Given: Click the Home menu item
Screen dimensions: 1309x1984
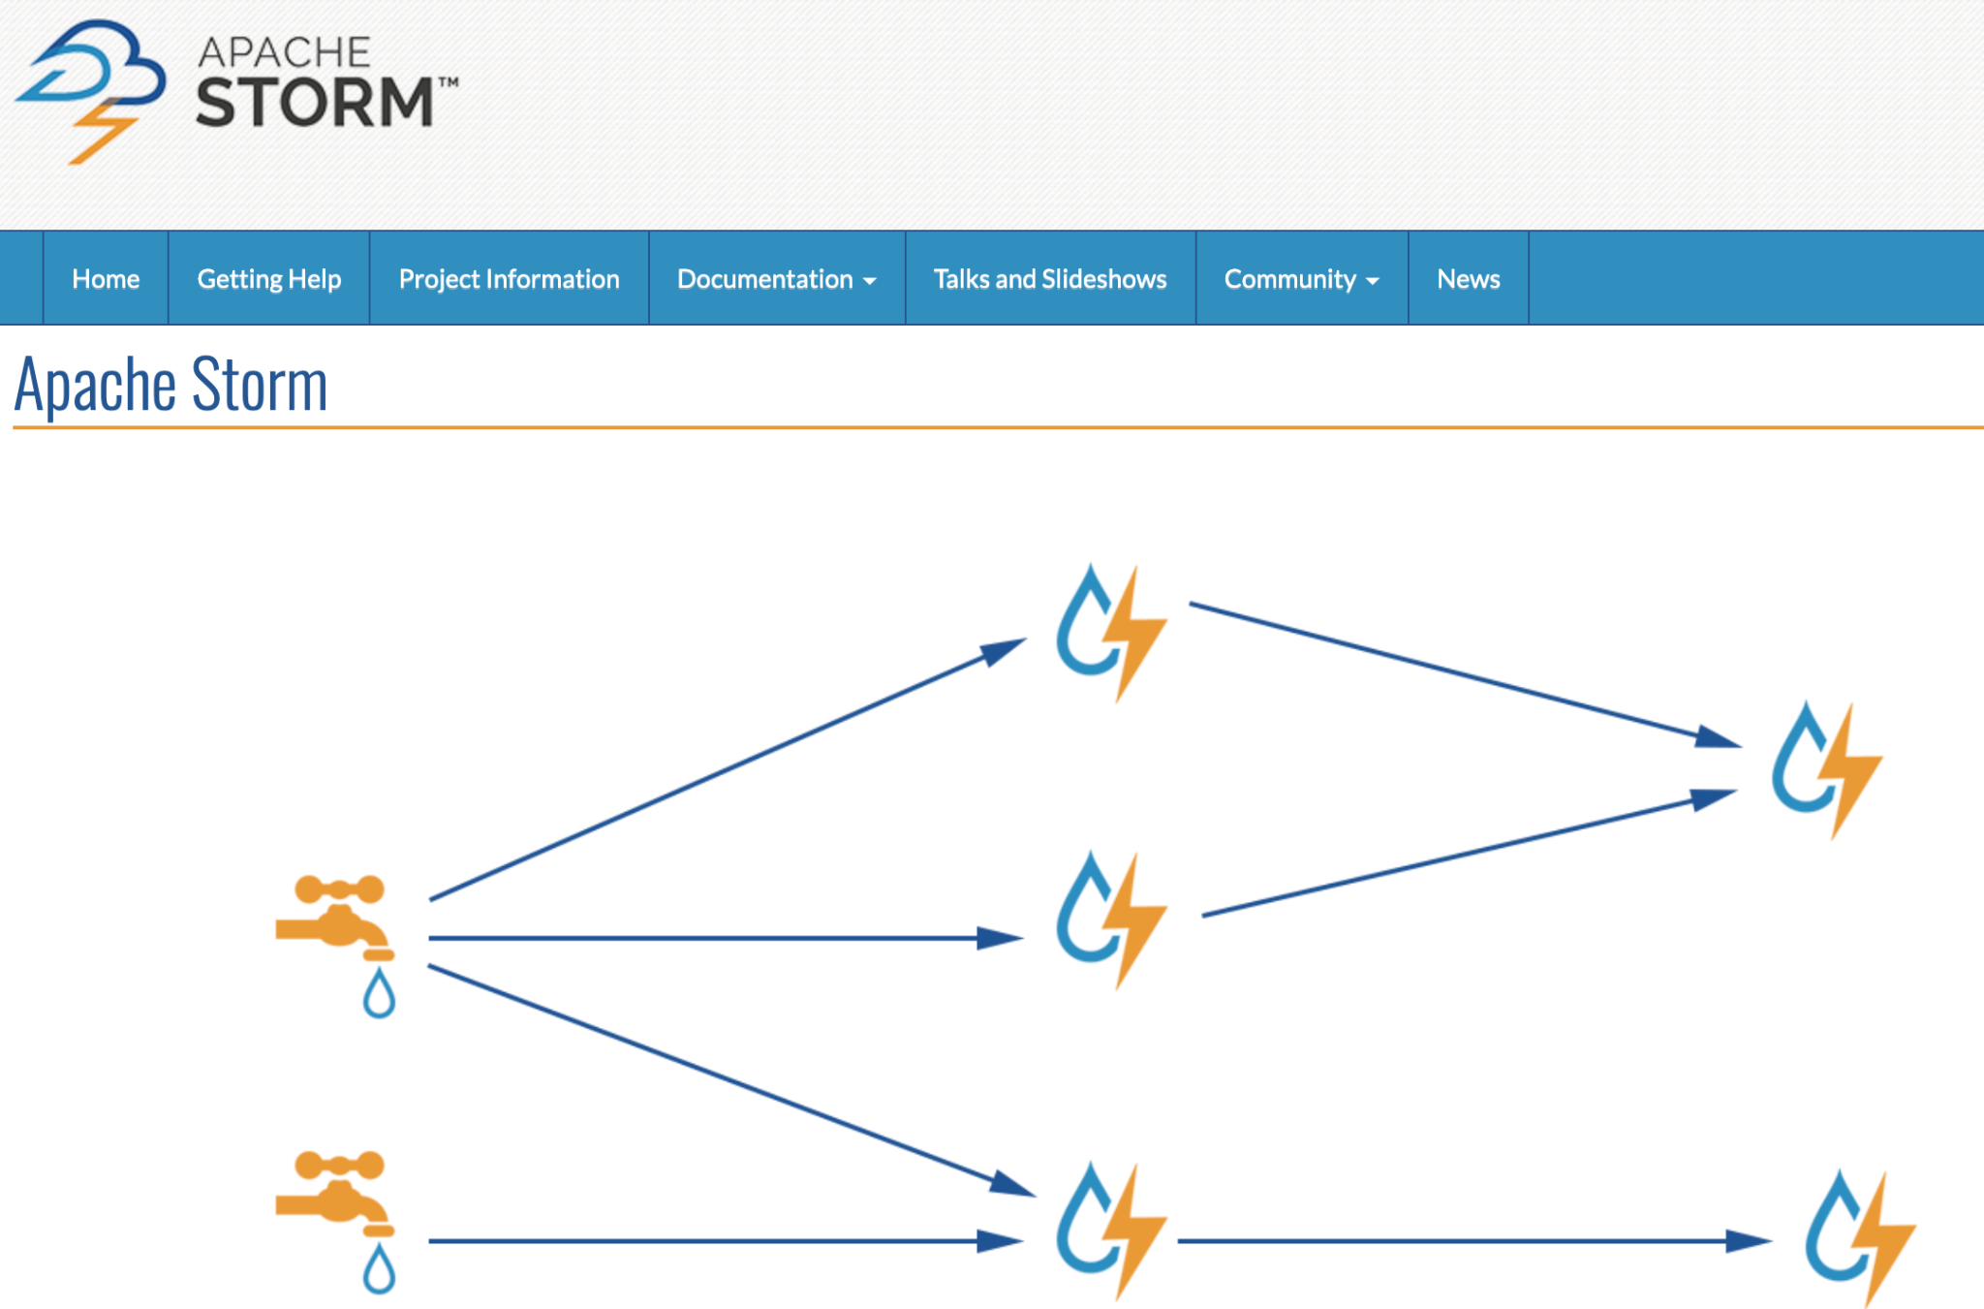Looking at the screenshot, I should [106, 279].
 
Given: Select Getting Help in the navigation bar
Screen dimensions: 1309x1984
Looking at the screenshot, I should [269, 279].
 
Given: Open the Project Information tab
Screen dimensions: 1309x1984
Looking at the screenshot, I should [509, 279].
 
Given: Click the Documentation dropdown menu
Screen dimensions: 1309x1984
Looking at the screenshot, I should [776, 279].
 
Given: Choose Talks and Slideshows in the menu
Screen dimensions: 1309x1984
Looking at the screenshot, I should [1050, 279].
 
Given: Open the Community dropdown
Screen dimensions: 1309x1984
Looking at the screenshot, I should [1301, 279].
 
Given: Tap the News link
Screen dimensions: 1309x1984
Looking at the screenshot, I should [1468, 279].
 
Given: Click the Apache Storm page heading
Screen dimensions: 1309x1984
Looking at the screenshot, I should [171, 385].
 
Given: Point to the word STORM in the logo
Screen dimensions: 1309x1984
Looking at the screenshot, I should [315, 103].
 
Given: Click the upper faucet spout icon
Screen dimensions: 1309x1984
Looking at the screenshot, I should [333, 915].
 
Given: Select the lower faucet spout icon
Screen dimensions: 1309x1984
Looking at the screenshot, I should [333, 1192].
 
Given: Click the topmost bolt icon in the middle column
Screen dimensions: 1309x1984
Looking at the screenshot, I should [1110, 632].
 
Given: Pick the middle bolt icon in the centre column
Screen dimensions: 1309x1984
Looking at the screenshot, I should [1110, 919].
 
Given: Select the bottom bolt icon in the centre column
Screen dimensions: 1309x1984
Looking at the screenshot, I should [1110, 1231].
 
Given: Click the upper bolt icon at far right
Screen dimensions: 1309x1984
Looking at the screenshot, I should [1826, 769].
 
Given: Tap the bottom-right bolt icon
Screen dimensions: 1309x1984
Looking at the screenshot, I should [1859, 1237].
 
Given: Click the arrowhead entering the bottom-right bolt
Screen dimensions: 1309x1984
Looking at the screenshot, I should [1749, 1241].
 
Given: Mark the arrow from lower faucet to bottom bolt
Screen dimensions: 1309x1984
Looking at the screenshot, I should [717, 1241].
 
